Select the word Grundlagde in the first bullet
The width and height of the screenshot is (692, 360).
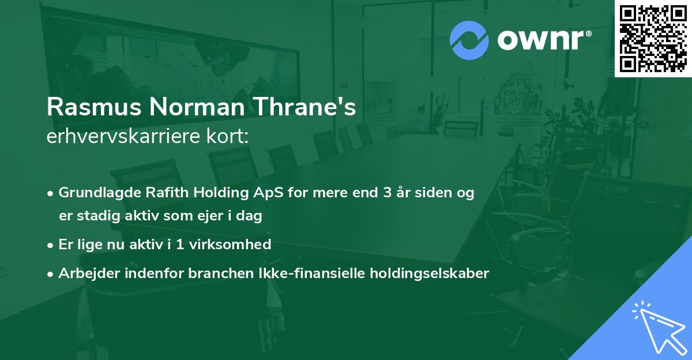94,193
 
